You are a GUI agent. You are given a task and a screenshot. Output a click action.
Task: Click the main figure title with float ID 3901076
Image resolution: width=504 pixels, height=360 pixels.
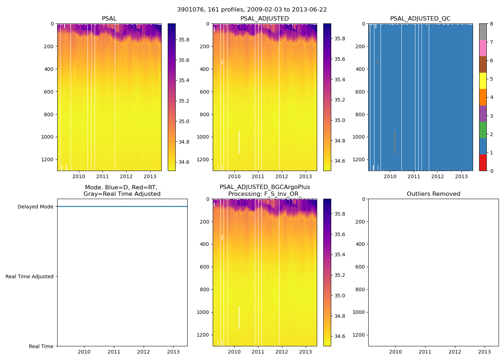252,10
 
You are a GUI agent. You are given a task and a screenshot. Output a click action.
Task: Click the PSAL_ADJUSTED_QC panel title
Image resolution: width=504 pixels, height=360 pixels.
420,19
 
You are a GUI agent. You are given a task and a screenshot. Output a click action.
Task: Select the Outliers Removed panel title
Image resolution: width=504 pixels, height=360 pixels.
433,194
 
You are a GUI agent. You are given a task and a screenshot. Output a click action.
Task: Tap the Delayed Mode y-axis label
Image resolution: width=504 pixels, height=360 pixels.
35,207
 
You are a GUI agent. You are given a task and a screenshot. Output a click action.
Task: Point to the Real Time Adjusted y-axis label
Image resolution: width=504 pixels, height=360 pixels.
29,276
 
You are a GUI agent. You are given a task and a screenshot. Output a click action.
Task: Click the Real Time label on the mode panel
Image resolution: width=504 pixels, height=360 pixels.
41,346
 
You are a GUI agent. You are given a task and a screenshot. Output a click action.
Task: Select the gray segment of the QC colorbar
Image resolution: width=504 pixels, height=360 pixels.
483,32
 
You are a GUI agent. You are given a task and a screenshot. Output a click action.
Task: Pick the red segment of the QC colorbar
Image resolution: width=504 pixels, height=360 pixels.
483,162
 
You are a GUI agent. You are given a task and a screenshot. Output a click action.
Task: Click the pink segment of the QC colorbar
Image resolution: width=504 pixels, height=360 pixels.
483,48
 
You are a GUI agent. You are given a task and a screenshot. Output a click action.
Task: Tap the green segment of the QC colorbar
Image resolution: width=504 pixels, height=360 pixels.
483,130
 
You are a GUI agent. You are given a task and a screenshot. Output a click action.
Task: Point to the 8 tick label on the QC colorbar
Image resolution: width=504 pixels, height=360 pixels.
492,24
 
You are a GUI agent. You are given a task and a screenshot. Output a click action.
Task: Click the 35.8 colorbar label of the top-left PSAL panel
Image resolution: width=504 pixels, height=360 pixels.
184,40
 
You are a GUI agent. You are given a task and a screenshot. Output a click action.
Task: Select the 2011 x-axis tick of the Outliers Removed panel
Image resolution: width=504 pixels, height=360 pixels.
425,352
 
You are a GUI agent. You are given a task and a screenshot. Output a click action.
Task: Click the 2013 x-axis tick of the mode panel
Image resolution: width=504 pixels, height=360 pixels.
174,352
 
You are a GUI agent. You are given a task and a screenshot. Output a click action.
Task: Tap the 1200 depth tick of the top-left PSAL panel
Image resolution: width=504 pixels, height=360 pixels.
48,159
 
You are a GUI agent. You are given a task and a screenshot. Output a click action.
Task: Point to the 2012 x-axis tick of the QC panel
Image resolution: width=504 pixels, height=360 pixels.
437,176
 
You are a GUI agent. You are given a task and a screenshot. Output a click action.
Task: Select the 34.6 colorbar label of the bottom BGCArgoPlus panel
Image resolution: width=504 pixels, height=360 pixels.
340,336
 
